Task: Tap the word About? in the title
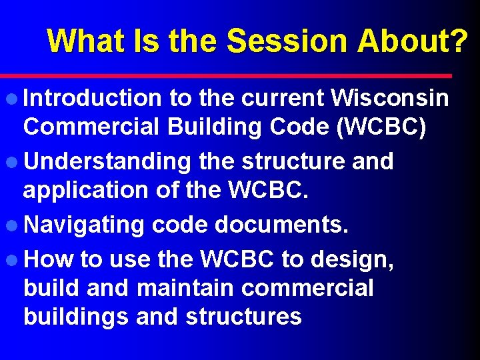point(412,41)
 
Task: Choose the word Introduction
point(92,99)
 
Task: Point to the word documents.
point(281,225)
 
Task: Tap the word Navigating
point(84,225)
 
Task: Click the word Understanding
point(107,161)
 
